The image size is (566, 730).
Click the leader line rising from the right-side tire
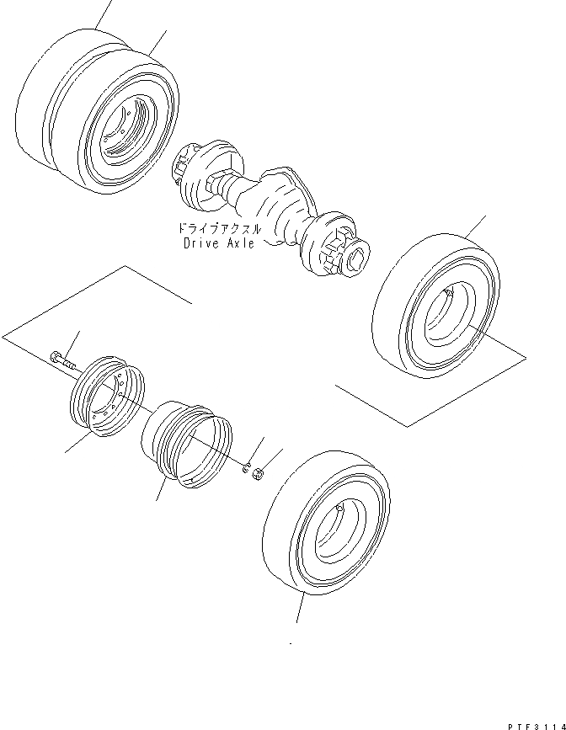(x=475, y=226)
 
